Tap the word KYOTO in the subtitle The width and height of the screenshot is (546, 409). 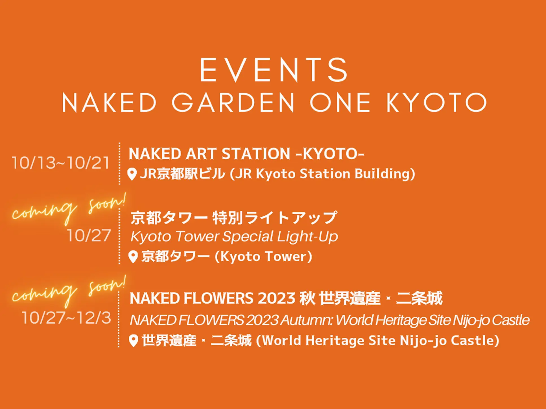point(436,102)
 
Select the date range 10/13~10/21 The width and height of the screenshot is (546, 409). point(60,163)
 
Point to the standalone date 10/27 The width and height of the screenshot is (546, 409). point(89,236)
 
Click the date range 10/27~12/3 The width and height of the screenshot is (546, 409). point(66,318)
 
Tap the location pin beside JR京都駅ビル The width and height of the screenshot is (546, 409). point(132,174)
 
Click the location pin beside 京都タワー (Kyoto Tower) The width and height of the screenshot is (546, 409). point(133,257)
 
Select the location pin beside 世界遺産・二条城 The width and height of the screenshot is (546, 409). point(133,341)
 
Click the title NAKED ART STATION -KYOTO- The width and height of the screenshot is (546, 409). point(246,154)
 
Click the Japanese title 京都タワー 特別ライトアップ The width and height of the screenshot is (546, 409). point(234,218)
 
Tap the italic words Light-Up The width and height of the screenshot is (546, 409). point(307,236)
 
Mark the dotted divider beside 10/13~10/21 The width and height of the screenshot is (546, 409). point(119,164)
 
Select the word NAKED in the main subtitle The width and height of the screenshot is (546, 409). point(109,102)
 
